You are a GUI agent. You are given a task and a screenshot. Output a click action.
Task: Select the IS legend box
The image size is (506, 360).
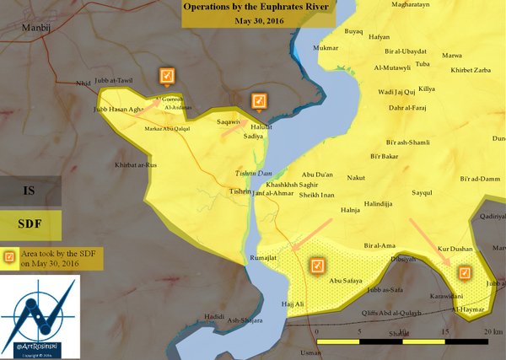(x=30, y=192)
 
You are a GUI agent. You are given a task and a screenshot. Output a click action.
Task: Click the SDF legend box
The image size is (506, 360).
(x=30, y=225)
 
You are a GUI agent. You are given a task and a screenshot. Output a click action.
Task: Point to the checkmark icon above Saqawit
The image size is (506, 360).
(x=260, y=102)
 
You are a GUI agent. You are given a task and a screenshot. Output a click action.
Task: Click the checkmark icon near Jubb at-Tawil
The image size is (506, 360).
(x=166, y=77)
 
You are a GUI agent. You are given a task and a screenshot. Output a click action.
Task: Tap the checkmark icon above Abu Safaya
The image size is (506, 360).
(x=318, y=266)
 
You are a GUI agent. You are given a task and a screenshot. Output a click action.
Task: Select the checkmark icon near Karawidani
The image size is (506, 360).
(x=463, y=273)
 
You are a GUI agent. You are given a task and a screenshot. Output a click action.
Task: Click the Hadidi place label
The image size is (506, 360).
(x=215, y=316)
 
